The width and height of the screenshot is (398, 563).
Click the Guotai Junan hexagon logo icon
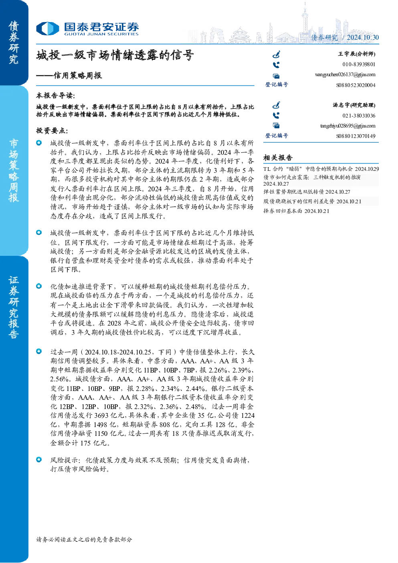click(x=48, y=28)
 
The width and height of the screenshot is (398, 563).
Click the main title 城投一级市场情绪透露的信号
click(x=115, y=55)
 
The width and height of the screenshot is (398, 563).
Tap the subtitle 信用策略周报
click(x=78, y=75)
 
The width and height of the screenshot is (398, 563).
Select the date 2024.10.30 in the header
click(x=363, y=37)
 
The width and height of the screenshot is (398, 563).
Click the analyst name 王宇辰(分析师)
click(x=357, y=54)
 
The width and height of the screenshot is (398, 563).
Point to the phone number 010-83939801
click(x=359, y=64)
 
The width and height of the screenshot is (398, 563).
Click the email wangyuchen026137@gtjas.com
click(x=345, y=75)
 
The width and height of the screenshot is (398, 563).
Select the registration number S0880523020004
click(x=356, y=85)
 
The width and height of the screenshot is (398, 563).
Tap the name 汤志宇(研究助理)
click(x=354, y=105)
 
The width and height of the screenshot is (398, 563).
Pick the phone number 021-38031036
click(x=359, y=115)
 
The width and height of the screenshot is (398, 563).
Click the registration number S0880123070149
click(x=356, y=136)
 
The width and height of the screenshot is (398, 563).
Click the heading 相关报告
click(x=278, y=158)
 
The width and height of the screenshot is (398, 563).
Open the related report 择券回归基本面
click(x=283, y=211)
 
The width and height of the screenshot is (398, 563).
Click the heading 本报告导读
click(x=56, y=95)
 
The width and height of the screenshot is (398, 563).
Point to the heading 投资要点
click(x=52, y=131)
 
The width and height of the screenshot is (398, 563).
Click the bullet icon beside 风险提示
click(x=39, y=460)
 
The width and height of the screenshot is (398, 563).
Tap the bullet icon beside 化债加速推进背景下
click(x=39, y=286)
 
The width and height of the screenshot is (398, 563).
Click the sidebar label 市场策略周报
click(x=14, y=171)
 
